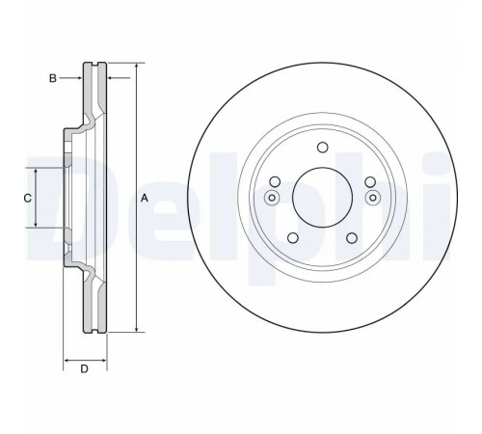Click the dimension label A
(x=145, y=198)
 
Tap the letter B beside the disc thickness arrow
(x=53, y=78)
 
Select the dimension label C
(x=28, y=198)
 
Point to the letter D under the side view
(x=84, y=368)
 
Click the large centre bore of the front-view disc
(x=322, y=197)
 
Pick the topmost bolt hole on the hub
(x=322, y=148)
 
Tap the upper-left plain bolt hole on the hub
(x=275, y=182)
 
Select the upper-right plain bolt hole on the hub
(x=370, y=182)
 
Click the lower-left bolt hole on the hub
(x=293, y=238)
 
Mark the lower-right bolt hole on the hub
(x=352, y=238)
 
